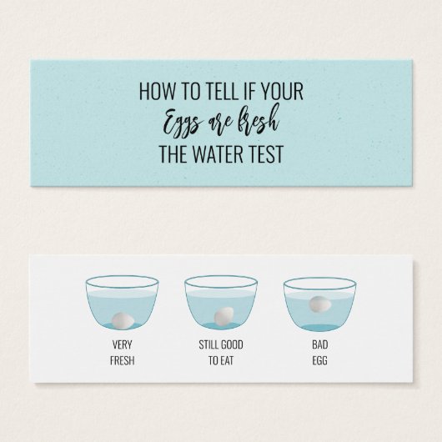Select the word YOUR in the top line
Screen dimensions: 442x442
pyautogui.click(x=282, y=91)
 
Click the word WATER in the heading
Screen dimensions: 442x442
pyautogui.click(x=215, y=154)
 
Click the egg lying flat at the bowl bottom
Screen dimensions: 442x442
pyautogui.click(x=123, y=320)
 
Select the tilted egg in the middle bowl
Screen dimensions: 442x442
pyautogui.click(x=224, y=315)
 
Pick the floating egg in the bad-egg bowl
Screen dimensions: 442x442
pyautogui.click(x=320, y=304)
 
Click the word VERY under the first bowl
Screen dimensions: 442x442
pyautogui.click(x=122, y=344)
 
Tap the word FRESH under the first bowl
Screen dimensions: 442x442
pyautogui.click(x=122, y=360)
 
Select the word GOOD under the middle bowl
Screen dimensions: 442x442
pyautogui.click(x=232, y=344)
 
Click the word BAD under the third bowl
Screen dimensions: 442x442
pyautogui.click(x=320, y=344)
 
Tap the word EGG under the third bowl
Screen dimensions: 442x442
pyautogui.click(x=320, y=360)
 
